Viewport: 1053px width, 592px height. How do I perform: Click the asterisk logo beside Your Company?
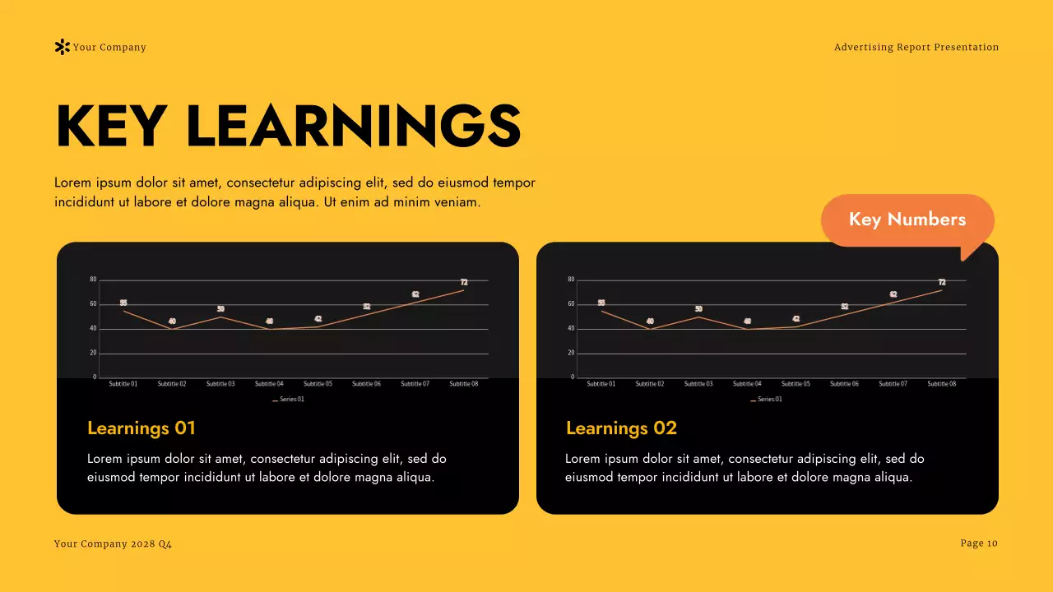[x=62, y=48]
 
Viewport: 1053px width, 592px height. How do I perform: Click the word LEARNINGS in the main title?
[x=354, y=127]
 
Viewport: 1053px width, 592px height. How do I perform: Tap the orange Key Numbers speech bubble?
[x=907, y=220]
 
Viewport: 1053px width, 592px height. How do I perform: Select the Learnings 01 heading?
[x=141, y=428]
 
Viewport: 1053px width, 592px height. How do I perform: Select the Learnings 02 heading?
[x=621, y=428]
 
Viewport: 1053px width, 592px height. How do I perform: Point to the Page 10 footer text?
[x=979, y=543]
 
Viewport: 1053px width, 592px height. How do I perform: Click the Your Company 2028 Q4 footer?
[x=113, y=544]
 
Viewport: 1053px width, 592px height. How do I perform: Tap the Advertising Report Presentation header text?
[x=916, y=48]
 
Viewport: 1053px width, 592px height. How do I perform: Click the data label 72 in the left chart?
[x=464, y=282]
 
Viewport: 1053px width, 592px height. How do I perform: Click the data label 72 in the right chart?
[x=942, y=282]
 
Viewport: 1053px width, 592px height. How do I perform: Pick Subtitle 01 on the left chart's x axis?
[x=123, y=384]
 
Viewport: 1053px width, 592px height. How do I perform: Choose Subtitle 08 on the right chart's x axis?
[x=942, y=384]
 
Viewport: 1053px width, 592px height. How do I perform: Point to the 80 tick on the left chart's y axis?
[x=93, y=280]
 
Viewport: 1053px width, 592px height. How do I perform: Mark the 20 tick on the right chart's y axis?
[x=571, y=353]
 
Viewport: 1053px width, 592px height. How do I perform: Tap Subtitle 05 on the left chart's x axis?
[x=318, y=384]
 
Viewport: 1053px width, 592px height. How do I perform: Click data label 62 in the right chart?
[x=893, y=294]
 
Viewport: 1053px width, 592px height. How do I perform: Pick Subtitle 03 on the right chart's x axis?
[x=698, y=384]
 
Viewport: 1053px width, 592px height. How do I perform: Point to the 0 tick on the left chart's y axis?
[x=95, y=377]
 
